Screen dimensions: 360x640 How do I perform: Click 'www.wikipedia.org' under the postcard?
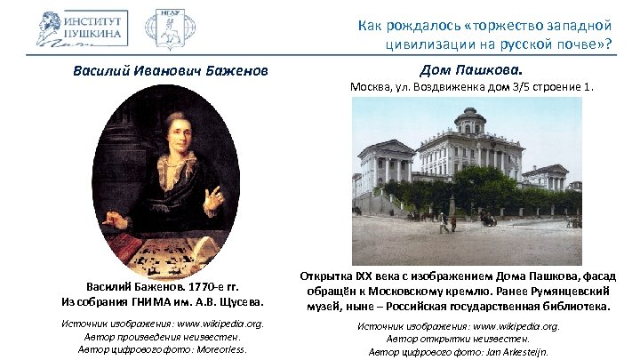click(515, 327)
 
